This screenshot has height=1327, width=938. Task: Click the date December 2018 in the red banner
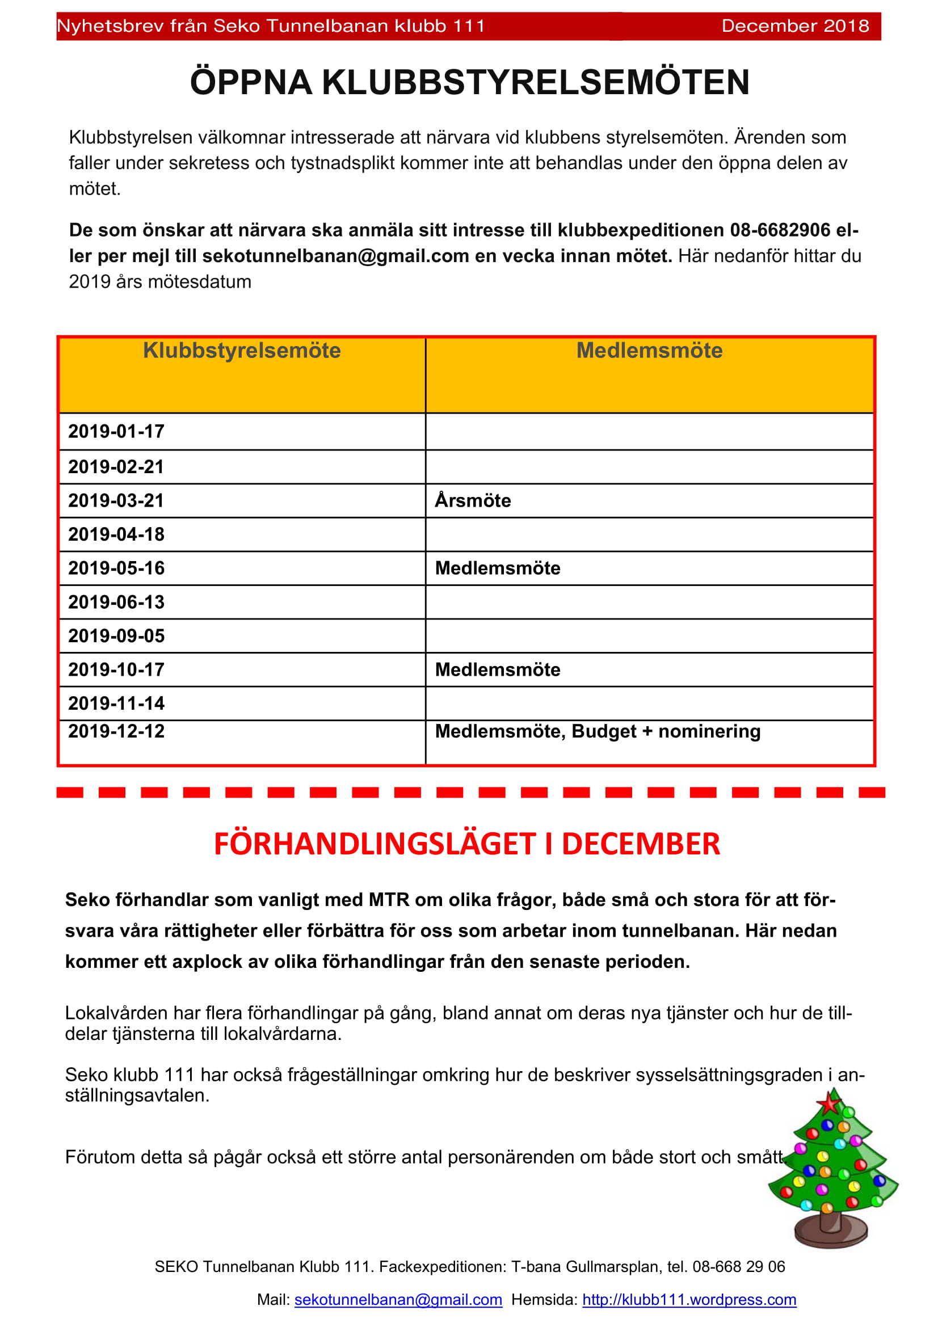tap(794, 26)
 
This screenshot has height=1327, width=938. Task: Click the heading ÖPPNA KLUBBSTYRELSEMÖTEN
tap(469, 82)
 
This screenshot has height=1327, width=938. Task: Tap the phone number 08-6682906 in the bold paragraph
tap(780, 230)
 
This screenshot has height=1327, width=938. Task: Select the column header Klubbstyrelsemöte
tap(242, 351)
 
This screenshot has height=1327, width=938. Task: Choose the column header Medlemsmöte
tap(649, 351)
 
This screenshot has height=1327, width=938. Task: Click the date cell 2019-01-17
tap(116, 431)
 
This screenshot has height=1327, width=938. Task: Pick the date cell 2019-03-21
tap(116, 500)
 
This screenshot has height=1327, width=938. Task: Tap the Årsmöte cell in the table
tap(473, 500)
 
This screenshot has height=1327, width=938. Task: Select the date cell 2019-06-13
tap(116, 603)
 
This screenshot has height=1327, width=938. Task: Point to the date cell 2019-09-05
tap(116, 636)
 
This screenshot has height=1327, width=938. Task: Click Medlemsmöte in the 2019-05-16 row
tap(498, 568)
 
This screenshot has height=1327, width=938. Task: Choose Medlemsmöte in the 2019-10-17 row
tap(498, 670)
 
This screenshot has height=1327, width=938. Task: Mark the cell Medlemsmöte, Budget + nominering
tap(598, 732)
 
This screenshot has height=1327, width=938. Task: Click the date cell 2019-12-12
tap(116, 732)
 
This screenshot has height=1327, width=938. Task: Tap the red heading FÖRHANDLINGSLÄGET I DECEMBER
tap(467, 844)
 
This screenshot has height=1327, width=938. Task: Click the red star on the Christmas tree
tap(831, 1104)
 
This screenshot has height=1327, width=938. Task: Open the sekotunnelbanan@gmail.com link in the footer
tap(398, 1300)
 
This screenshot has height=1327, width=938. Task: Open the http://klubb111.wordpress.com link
tap(689, 1300)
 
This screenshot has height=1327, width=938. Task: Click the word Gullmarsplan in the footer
tap(613, 1267)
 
